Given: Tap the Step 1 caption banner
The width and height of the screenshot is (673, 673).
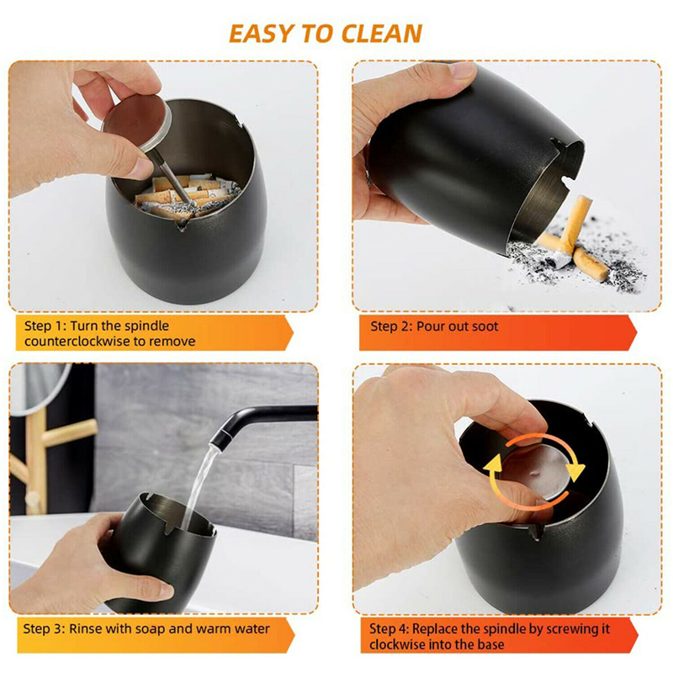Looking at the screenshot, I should [x=151, y=333].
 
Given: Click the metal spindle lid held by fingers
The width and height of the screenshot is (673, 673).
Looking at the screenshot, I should [x=139, y=118].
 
